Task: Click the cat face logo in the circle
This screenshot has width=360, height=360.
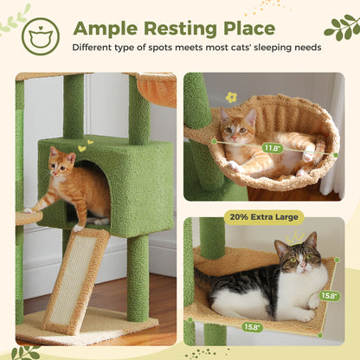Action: click(41, 36)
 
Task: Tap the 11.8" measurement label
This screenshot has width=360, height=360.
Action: click(273, 148)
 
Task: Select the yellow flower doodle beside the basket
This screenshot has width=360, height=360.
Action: click(231, 98)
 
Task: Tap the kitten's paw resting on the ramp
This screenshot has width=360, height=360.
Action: click(80, 228)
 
